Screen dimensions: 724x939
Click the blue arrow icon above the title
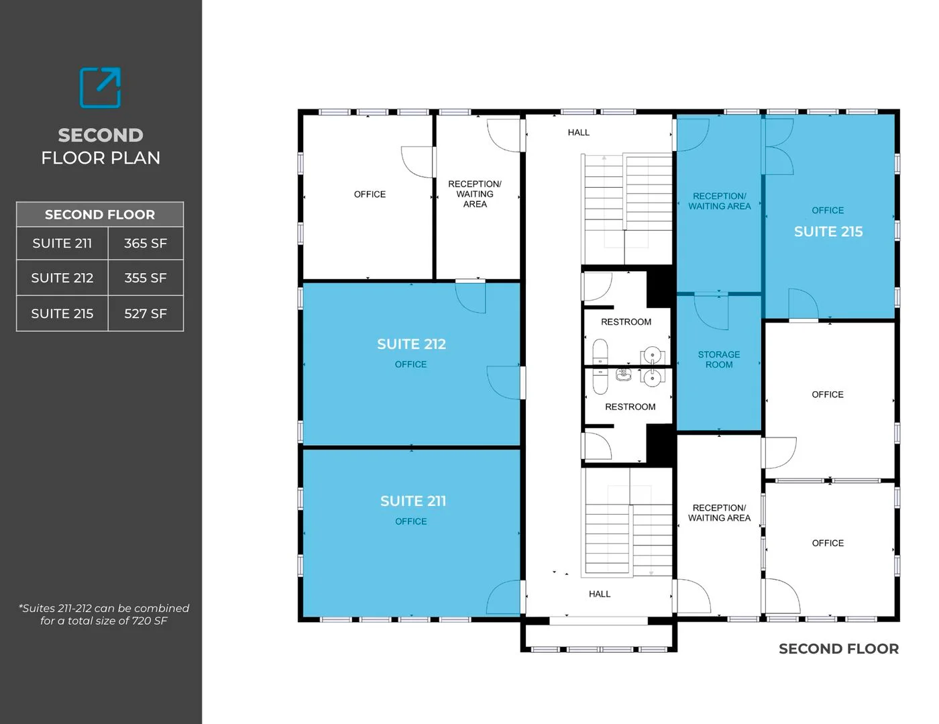coord(101,87)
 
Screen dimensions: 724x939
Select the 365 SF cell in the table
coord(146,244)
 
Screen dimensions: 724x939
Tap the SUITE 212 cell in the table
coord(62,278)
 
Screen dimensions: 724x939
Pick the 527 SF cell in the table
coord(146,313)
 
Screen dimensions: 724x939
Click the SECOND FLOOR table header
coord(100,215)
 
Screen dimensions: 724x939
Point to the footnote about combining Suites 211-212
coord(104,614)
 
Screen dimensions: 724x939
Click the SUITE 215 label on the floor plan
coord(828,231)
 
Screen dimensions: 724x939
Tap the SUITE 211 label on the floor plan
coord(412,501)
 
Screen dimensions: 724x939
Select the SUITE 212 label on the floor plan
coord(411,344)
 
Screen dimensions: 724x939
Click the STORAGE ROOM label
coord(719,360)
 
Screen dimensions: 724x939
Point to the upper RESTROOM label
coord(626,322)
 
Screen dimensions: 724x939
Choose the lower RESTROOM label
coord(630,407)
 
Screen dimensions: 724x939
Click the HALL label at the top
coord(578,132)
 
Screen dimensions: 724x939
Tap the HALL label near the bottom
coord(599,594)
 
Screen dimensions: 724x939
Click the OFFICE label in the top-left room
coord(370,194)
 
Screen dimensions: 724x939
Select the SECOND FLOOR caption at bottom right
coord(838,649)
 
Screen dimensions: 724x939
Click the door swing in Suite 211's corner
coord(505,597)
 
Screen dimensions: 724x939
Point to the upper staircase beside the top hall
coord(627,208)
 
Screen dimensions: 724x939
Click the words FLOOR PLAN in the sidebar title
coord(101,158)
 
